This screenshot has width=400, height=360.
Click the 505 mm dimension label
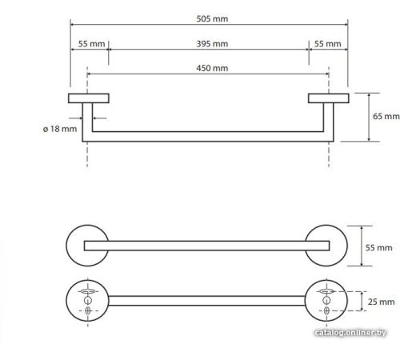click(x=212, y=18)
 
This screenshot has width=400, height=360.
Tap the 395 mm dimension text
click(x=212, y=44)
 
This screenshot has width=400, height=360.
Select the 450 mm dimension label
click(x=212, y=68)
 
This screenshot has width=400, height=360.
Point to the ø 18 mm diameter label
click(x=60, y=129)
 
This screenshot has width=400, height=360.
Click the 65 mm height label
click(x=386, y=116)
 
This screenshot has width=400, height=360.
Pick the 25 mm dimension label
click(x=381, y=302)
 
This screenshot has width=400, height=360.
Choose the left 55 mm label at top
click(x=91, y=44)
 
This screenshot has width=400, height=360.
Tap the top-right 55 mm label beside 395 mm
click(x=327, y=44)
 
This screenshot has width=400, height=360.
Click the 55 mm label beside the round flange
click(x=378, y=248)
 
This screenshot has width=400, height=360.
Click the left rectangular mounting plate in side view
click(x=89, y=98)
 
